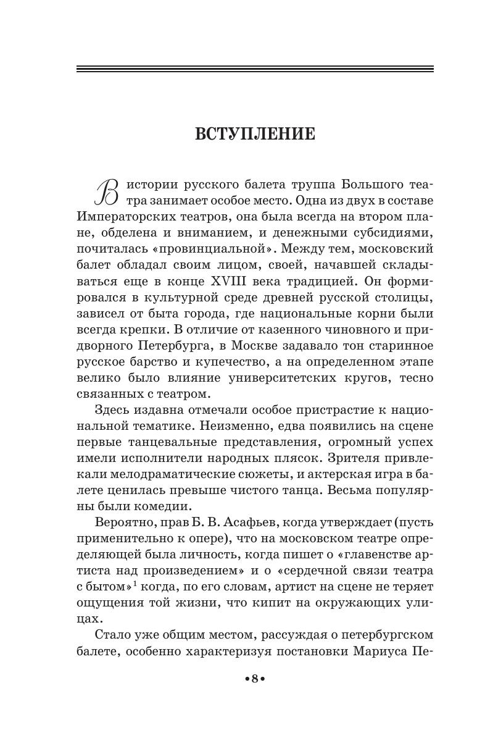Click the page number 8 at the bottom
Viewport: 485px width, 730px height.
click(254, 678)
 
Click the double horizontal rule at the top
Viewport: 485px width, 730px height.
click(254, 69)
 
